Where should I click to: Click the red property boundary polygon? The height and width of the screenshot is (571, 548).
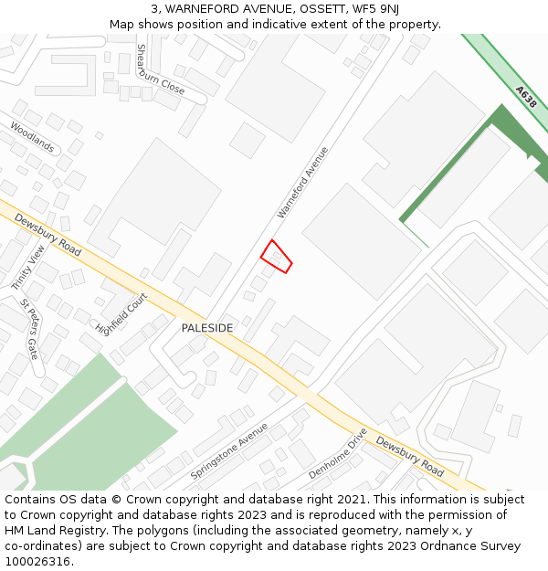pyautogui.click(x=277, y=257)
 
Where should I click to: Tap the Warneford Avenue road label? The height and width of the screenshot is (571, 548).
pyautogui.click(x=302, y=183)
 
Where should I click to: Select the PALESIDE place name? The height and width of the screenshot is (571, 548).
pyautogui.click(x=206, y=328)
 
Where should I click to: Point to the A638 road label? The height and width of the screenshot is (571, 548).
pyautogui.click(x=525, y=98)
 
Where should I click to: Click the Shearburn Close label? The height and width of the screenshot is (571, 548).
pyautogui.click(x=160, y=69)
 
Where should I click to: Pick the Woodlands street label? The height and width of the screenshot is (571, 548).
pyautogui.click(x=32, y=138)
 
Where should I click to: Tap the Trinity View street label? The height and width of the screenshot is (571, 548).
pyautogui.click(x=27, y=268)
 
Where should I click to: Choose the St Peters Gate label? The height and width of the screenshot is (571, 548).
pyautogui.click(x=30, y=328)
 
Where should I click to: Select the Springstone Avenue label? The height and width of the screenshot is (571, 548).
pyautogui.click(x=228, y=451)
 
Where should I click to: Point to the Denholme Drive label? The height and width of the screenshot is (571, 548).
pyautogui.click(x=337, y=453)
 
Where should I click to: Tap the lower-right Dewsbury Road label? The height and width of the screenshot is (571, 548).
pyautogui.click(x=410, y=457)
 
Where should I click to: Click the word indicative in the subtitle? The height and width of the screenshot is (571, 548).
pyautogui.click(x=266, y=24)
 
